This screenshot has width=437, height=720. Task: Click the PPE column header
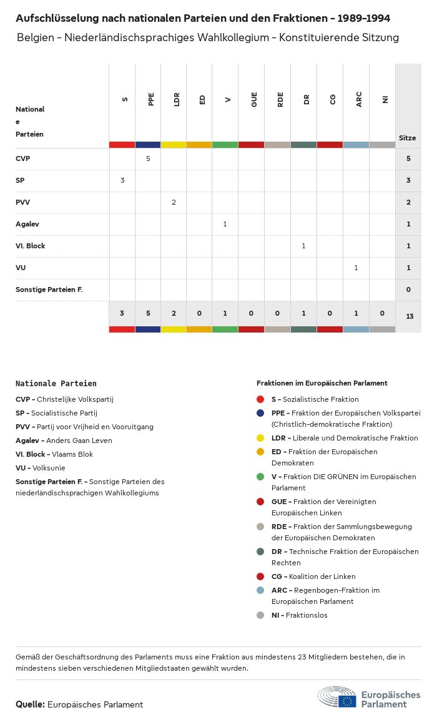tap(151, 99)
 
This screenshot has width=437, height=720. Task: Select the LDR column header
tap(177, 99)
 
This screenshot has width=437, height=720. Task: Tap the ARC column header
tap(359, 99)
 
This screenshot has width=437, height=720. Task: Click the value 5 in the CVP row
tap(148, 158)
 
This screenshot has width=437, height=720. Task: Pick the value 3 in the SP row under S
tap(122, 180)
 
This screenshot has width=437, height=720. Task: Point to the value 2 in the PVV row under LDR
tap(174, 202)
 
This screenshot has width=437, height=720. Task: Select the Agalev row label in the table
tap(27, 224)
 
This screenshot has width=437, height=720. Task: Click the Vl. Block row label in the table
tap(31, 246)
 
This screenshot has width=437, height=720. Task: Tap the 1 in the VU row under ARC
tap(356, 268)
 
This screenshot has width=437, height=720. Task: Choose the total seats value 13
tap(410, 316)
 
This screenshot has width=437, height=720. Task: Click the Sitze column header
tap(407, 138)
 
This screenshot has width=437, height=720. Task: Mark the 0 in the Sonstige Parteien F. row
tap(408, 289)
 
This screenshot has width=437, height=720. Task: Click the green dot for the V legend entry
tap(260, 477)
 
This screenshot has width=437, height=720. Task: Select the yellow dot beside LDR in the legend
tap(260, 438)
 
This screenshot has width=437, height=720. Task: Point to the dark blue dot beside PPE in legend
tap(260, 413)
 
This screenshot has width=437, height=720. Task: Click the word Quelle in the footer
tap(30, 704)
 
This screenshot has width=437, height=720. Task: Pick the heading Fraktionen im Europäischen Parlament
tap(322, 383)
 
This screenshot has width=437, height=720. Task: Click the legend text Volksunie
tap(49, 468)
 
